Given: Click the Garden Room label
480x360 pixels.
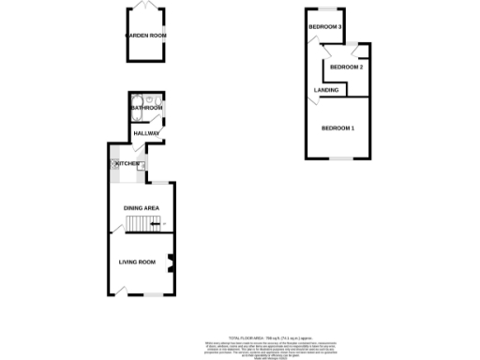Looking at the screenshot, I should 146,36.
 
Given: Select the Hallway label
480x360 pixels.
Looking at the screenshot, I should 147,133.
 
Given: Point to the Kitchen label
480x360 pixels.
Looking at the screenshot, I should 127,163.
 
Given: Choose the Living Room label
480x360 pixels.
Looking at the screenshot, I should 137,262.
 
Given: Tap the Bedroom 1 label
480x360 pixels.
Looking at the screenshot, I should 337,127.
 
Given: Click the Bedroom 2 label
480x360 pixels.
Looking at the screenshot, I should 346,67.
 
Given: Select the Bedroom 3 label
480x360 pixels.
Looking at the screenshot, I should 323,27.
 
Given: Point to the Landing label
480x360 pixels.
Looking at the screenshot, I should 326,90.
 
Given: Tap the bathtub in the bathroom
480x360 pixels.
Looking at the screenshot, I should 138,105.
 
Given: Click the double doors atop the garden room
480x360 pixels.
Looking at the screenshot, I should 146,7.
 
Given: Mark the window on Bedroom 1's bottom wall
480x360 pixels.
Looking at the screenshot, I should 338,157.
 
